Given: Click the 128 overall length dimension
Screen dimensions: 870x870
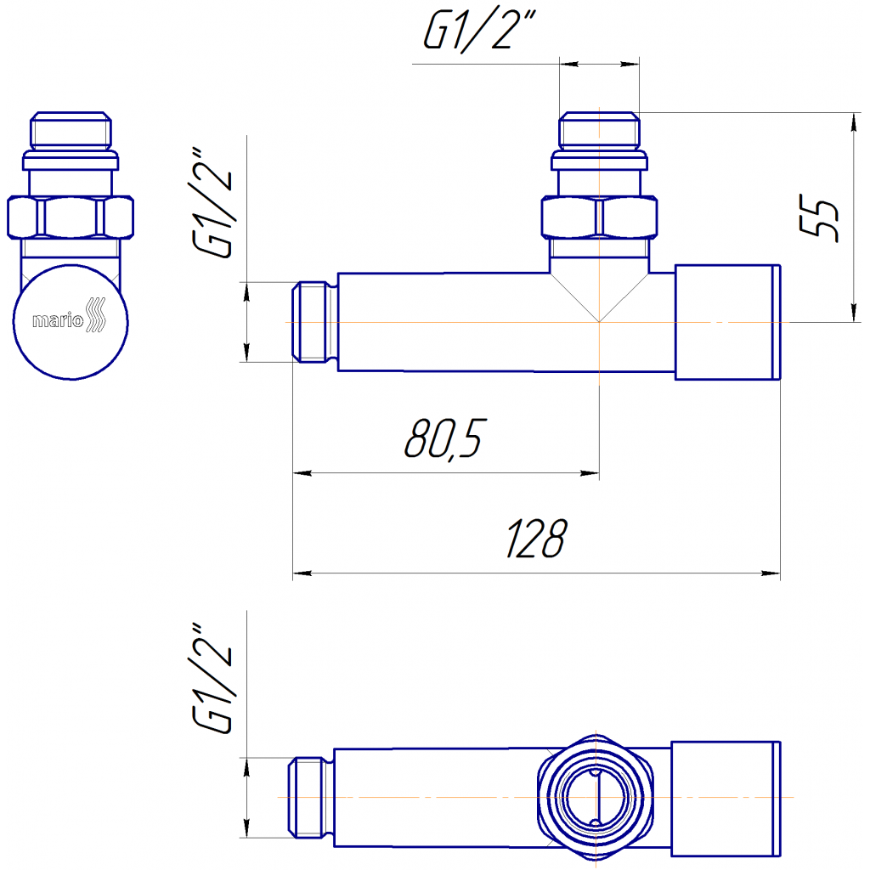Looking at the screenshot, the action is pos(536,538).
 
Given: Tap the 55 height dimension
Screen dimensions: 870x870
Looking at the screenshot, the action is pos(818,217).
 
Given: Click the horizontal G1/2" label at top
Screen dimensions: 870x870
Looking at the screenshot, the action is pos(479,31).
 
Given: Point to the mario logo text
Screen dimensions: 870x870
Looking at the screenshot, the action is pos(58,320).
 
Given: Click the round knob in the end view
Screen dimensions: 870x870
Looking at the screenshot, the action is pos(71,322).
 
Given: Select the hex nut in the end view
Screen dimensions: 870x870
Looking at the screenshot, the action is pos(71,217).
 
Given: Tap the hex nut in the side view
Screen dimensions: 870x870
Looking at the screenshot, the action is pos(599,217).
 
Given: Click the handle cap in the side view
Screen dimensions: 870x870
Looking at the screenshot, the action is pos(728,322).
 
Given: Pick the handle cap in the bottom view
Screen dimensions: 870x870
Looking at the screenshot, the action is pos(726,799).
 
